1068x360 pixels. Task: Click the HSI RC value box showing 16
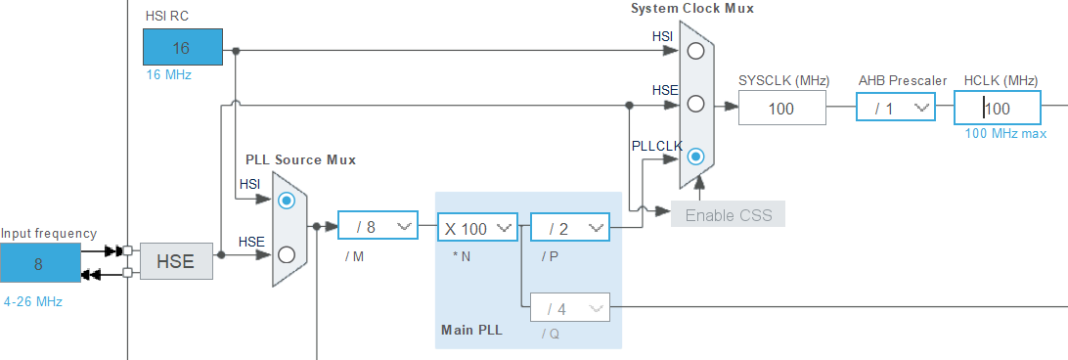click(x=182, y=48)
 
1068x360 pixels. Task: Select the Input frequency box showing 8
click(x=40, y=263)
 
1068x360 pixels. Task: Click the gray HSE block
click(x=176, y=261)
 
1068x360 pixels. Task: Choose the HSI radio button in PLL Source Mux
click(x=286, y=201)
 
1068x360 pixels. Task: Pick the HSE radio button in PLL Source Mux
click(x=286, y=254)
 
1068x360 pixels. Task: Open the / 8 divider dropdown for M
click(x=378, y=227)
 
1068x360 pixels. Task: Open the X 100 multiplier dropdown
click(x=476, y=228)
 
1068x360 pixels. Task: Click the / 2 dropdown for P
click(x=569, y=228)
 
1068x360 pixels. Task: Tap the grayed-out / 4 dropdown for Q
click(x=569, y=308)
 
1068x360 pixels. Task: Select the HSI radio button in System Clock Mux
click(x=695, y=51)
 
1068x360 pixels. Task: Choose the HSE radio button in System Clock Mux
click(x=695, y=104)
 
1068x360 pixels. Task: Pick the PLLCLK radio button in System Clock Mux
click(x=695, y=156)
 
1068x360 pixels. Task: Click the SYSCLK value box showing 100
click(x=781, y=109)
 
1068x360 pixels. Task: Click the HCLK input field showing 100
click(x=997, y=109)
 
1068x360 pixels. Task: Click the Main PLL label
click(x=471, y=330)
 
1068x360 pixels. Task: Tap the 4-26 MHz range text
click(x=33, y=301)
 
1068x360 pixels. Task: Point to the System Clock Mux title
click(x=691, y=8)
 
